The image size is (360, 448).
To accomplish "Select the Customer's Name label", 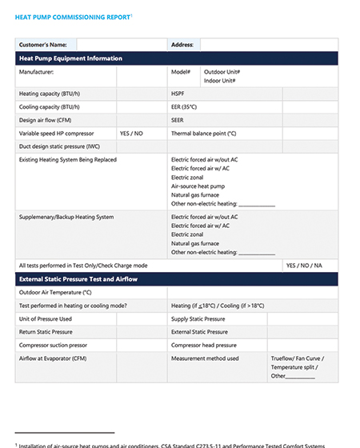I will tap(44, 44).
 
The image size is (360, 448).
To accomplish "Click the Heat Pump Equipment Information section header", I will tap(70, 58).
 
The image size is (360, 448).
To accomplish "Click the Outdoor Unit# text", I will tap(222, 72).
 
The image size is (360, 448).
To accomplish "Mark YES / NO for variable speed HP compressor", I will tap(131, 134).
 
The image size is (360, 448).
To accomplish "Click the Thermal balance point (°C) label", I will tap(203, 134).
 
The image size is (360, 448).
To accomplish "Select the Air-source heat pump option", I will tap(198, 186).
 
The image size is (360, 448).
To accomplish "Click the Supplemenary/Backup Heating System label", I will tap(66, 217).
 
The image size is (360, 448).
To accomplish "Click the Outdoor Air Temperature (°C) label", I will tap(55, 292).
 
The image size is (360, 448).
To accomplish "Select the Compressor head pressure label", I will tap(204, 345).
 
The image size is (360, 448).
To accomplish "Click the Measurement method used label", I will tap(205, 358).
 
